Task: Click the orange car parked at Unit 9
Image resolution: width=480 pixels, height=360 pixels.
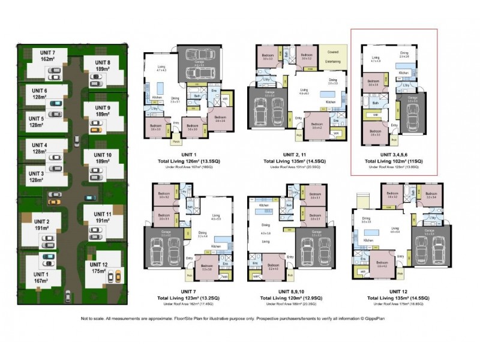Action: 95,127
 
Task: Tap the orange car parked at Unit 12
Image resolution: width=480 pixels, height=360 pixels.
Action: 117,277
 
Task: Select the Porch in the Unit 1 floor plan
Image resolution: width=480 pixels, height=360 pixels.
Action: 177,142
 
